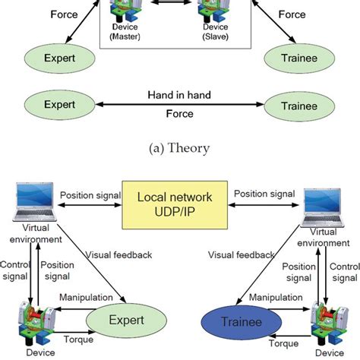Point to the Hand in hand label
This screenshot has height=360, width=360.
click(x=179, y=94)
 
